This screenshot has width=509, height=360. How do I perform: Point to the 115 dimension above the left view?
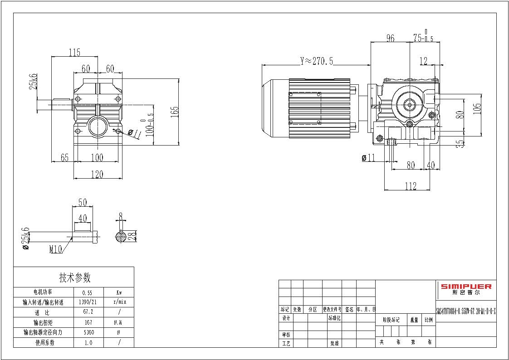coord(74,53)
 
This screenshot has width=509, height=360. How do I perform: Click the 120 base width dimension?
coord(97,174)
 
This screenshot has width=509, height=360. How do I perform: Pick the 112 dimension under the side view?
coord(410,185)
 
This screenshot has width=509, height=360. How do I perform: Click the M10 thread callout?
coord(55,249)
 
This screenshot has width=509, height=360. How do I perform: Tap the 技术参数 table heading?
coord(74,277)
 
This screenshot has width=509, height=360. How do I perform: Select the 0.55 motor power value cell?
coord(88,293)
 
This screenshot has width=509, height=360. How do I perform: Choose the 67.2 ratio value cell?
coord(88,312)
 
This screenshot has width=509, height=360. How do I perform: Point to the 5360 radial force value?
coord(88,332)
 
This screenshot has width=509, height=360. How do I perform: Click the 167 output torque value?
coord(88,322)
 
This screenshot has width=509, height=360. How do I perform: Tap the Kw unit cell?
coord(119,293)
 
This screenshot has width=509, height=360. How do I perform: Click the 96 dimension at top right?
coord(390,39)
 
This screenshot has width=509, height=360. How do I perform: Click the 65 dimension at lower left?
coord(64,158)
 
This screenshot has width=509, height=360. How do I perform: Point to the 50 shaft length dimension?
coord(83,202)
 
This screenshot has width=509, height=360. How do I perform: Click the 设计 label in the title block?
coord(286,318)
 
